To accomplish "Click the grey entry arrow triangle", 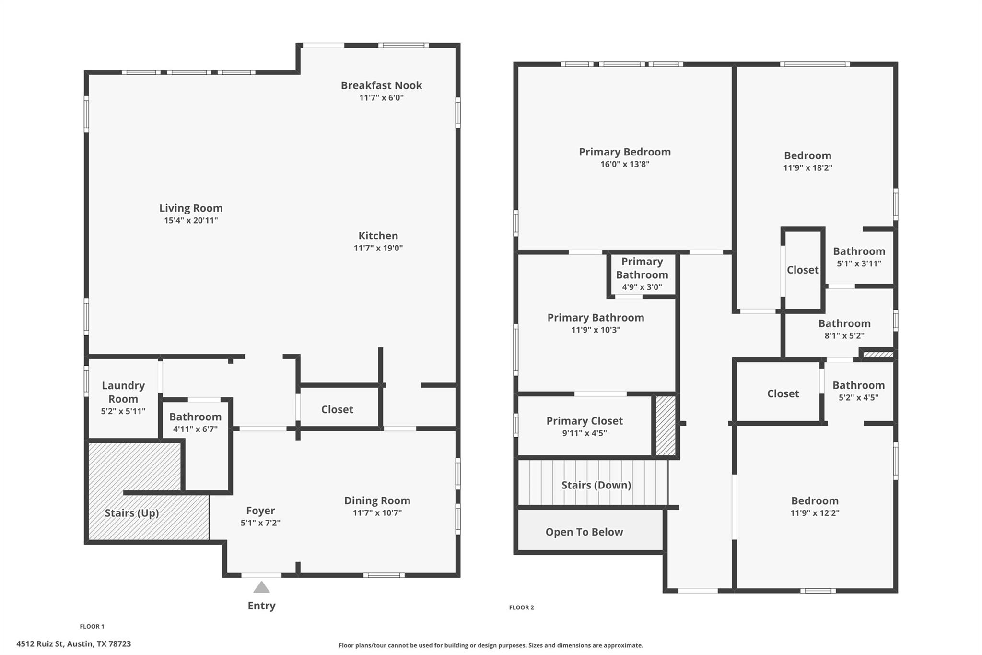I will (261, 587).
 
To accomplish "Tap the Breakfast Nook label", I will (381, 85).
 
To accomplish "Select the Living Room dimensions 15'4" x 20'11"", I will (191, 221).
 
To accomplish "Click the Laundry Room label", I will (123, 392).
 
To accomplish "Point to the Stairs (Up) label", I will (131, 513).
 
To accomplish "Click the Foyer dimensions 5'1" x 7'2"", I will (260, 523).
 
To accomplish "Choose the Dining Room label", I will (377, 500).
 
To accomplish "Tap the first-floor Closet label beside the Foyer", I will (337, 409).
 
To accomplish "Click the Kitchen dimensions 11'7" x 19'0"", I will (378, 248).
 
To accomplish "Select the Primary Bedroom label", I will (624, 152).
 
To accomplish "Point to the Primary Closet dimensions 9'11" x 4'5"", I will (585, 433).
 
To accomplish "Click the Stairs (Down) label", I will (596, 485).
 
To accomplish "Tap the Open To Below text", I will (584, 532).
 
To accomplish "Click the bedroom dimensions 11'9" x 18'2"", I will (807, 168).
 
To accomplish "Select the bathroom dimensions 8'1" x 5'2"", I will (844, 336).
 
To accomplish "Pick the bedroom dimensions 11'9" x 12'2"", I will (815, 513).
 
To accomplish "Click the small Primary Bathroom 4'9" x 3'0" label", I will (642, 274).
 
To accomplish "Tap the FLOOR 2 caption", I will (521, 607).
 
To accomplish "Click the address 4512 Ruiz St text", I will (73, 644).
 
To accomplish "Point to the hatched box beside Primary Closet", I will (666, 426).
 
